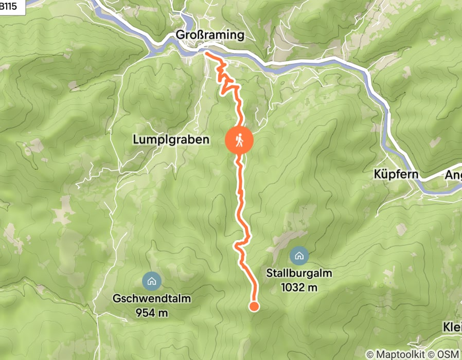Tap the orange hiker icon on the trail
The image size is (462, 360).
(x=239, y=139)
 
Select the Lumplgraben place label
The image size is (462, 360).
(x=171, y=139)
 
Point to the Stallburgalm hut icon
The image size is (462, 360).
(x=298, y=255)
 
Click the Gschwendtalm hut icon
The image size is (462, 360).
(x=152, y=281)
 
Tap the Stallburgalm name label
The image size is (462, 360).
(x=299, y=273)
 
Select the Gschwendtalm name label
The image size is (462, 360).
(x=152, y=299)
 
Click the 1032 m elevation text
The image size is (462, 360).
(x=299, y=287)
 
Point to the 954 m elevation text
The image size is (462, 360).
(x=152, y=312)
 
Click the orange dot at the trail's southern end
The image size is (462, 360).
(x=254, y=307)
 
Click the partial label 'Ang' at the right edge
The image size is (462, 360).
(x=453, y=175)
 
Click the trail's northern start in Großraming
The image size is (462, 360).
(x=206, y=52)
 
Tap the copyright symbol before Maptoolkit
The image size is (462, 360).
(x=370, y=354)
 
